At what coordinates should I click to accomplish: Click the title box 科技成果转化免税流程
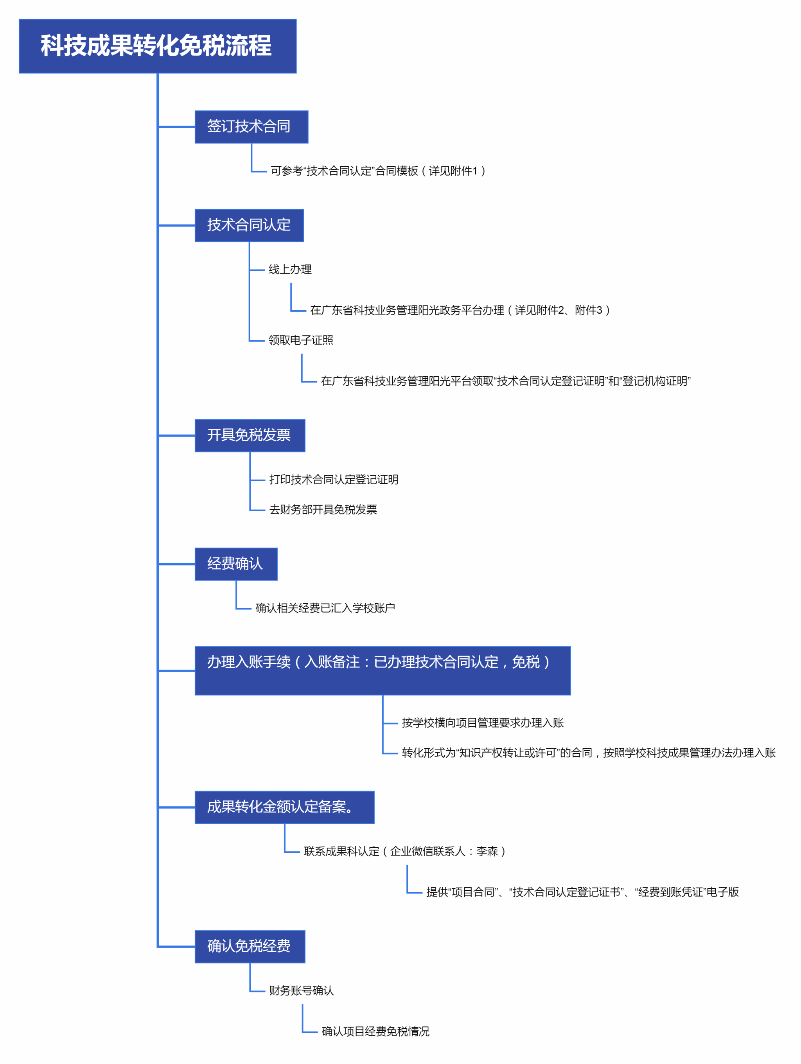pyautogui.click(x=157, y=46)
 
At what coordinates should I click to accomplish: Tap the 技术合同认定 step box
pyautogui.click(x=249, y=225)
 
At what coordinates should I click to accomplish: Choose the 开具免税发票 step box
pyautogui.click(x=250, y=435)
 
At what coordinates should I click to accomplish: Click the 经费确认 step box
pyautogui.click(x=235, y=564)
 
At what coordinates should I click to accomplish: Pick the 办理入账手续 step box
pyautogui.click(x=382, y=670)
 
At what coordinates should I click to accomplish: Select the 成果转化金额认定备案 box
pyautogui.click(x=284, y=807)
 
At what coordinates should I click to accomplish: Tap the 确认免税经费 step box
pyautogui.click(x=250, y=946)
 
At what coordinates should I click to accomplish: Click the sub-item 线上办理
pyautogui.click(x=290, y=270)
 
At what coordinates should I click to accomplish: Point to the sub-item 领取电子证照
pyautogui.click(x=300, y=340)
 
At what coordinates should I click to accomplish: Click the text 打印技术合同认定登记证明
pyautogui.click(x=334, y=480)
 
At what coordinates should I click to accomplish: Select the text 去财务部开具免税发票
pyautogui.click(x=323, y=509)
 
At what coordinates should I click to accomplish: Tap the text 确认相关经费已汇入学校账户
pyautogui.click(x=325, y=608)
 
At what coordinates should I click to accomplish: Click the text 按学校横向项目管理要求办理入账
pyautogui.click(x=483, y=723)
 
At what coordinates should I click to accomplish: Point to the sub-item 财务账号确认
pyautogui.click(x=301, y=990)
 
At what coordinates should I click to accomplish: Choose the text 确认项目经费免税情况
pyautogui.click(x=375, y=1031)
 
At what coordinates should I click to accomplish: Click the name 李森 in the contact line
pyautogui.click(x=487, y=851)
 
